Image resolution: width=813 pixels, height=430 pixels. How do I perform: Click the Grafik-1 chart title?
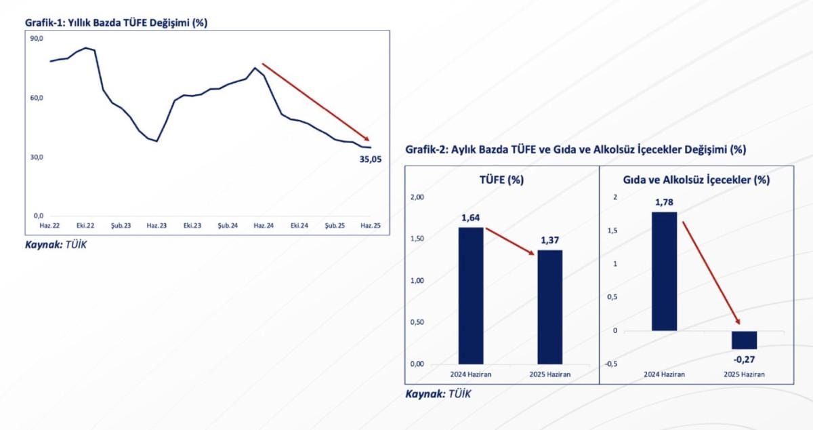pos(116,22)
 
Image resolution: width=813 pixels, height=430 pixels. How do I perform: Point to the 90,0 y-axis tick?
pos(37,39)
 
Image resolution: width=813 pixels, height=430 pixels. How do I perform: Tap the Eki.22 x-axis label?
pos(85,225)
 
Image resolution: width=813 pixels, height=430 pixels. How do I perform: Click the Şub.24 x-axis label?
pos(228,225)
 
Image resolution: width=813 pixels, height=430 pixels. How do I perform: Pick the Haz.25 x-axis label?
pos(369,225)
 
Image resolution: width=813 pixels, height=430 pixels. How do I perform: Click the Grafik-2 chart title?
pos(575,149)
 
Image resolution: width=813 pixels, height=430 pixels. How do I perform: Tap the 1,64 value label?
pos(471,218)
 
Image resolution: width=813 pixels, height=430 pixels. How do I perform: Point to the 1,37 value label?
pos(549,240)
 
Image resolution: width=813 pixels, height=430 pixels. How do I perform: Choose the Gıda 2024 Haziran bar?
pos(664,271)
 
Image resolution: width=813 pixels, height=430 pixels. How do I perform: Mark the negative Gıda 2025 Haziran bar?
pos(744,340)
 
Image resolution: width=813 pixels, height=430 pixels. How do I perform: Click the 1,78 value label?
pos(665,202)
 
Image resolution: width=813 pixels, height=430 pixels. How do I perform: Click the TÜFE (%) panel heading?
pos(501,180)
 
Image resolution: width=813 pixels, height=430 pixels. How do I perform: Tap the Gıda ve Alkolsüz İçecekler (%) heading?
pos(696,180)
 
